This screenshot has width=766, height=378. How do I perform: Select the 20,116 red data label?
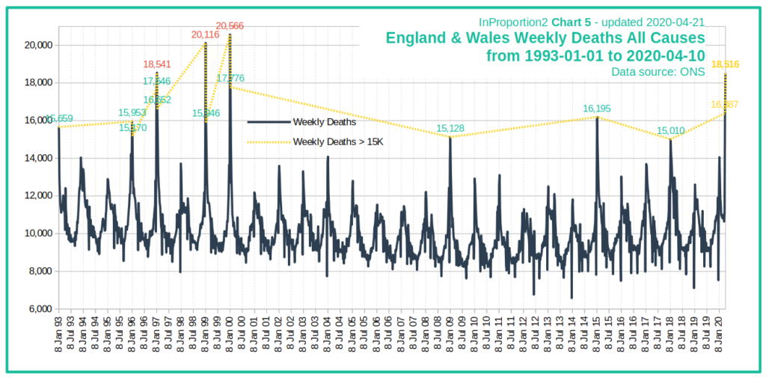[206, 35]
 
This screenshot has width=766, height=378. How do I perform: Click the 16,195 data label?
[597, 109]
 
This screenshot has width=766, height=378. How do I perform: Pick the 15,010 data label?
[670, 131]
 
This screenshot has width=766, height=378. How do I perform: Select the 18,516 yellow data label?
[725, 64]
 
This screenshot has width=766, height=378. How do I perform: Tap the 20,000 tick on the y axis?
[36, 45]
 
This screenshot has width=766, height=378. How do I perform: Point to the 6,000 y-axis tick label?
[38, 308]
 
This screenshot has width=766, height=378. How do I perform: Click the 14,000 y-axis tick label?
[36, 158]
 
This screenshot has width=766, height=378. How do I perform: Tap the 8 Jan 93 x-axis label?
[59, 335]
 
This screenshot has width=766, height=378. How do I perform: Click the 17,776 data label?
[231, 78]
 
